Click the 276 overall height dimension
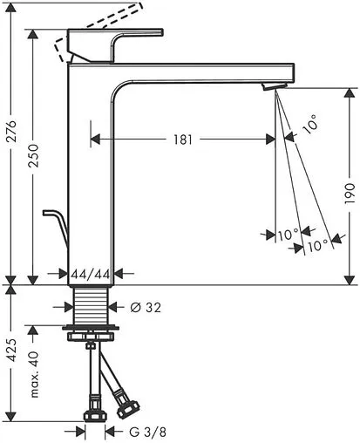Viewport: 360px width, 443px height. tap(11, 131)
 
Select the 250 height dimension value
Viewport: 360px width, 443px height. tap(33, 155)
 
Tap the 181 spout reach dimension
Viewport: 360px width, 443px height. tap(183, 140)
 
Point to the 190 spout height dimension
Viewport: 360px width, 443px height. tap(350, 193)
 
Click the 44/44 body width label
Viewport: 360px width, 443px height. tap(91, 274)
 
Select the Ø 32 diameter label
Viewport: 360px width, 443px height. tap(146, 307)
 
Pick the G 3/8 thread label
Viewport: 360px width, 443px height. tap(147, 432)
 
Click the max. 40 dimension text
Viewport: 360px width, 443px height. tap(34, 374)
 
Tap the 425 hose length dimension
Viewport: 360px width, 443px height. tap(11, 351)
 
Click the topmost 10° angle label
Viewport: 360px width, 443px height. tap(309, 124)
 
